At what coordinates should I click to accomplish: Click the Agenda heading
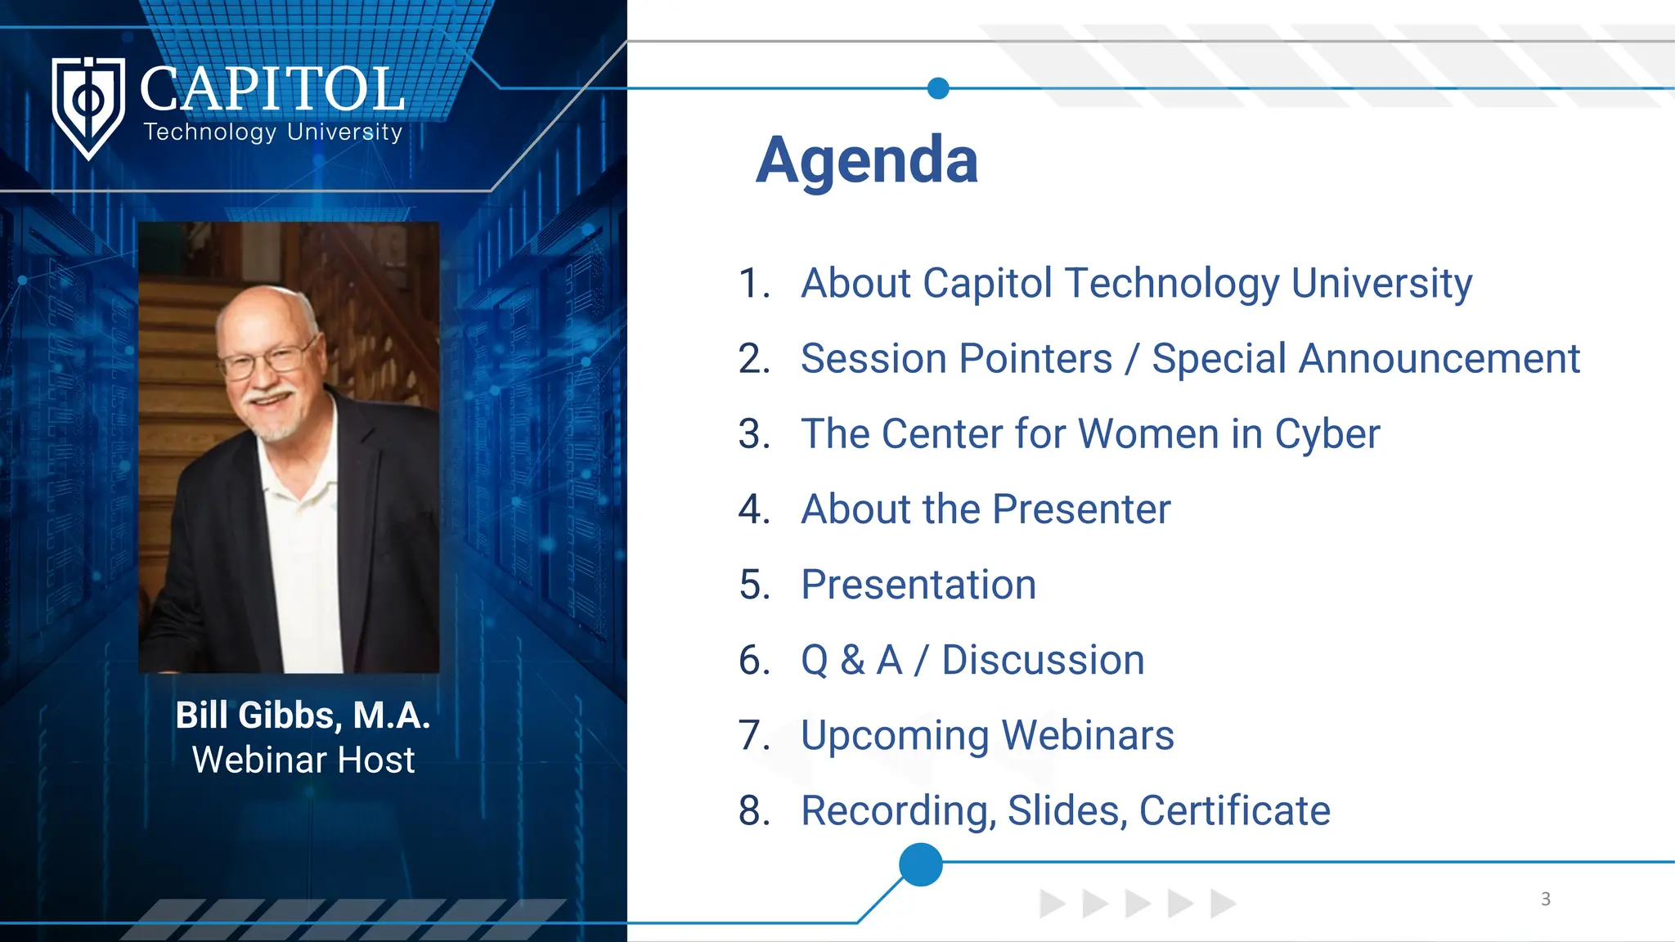[867, 160]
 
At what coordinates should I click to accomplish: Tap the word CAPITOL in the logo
[272, 89]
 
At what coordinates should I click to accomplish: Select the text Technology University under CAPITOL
[273, 132]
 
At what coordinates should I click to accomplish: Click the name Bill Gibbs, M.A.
[303, 715]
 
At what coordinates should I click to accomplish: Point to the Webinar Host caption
[303, 760]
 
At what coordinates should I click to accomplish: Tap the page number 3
[1545, 899]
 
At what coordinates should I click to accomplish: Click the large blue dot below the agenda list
[920, 864]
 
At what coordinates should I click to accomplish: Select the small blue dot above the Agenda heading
[938, 88]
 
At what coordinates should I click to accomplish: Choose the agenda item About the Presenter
[985, 509]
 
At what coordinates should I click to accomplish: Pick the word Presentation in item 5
[918, 585]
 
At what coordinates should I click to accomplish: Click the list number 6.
[753, 661]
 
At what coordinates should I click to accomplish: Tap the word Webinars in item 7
[1088, 735]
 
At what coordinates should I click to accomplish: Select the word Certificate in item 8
[1234, 811]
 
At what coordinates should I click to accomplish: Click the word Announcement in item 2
[1439, 359]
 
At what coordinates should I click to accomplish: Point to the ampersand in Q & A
[852, 661]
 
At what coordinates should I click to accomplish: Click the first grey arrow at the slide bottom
[1051, 904]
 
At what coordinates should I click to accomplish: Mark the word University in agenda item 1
[1381, 284]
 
